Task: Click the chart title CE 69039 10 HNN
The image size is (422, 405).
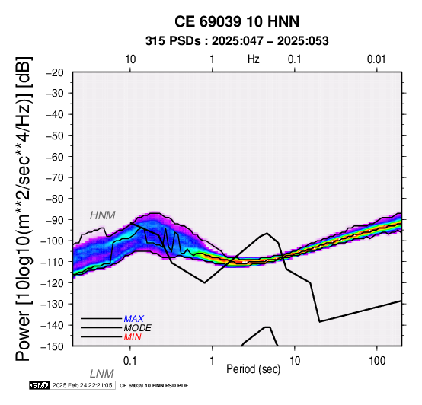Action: point(237,21)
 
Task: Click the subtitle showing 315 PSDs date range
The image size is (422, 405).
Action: point(237,41)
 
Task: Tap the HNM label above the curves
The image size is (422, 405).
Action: point(103,215)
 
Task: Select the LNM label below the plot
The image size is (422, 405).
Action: point(102,374)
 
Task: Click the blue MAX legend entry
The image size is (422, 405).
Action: point(134,319)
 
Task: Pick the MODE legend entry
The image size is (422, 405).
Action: point(138,328)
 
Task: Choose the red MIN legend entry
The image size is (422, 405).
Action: point(133,337)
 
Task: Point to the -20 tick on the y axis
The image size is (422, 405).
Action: point(55,72)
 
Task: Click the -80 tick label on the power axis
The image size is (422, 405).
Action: point(55,199)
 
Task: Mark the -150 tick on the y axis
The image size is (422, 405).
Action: point(53,346)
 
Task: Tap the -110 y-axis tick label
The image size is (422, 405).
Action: point(53,262)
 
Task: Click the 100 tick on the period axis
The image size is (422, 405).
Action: point(377,361)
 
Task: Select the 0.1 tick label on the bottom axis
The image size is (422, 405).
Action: point(130,361)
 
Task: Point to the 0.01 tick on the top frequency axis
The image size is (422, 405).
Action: point(376,59)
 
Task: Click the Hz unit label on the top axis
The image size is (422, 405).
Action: point(254,59)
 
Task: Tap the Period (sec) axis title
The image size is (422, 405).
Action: point(253,369)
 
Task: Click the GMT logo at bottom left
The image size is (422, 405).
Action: point(40,385)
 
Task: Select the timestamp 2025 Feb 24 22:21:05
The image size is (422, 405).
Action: point(82,385)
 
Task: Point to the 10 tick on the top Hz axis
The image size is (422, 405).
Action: point(130,59)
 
